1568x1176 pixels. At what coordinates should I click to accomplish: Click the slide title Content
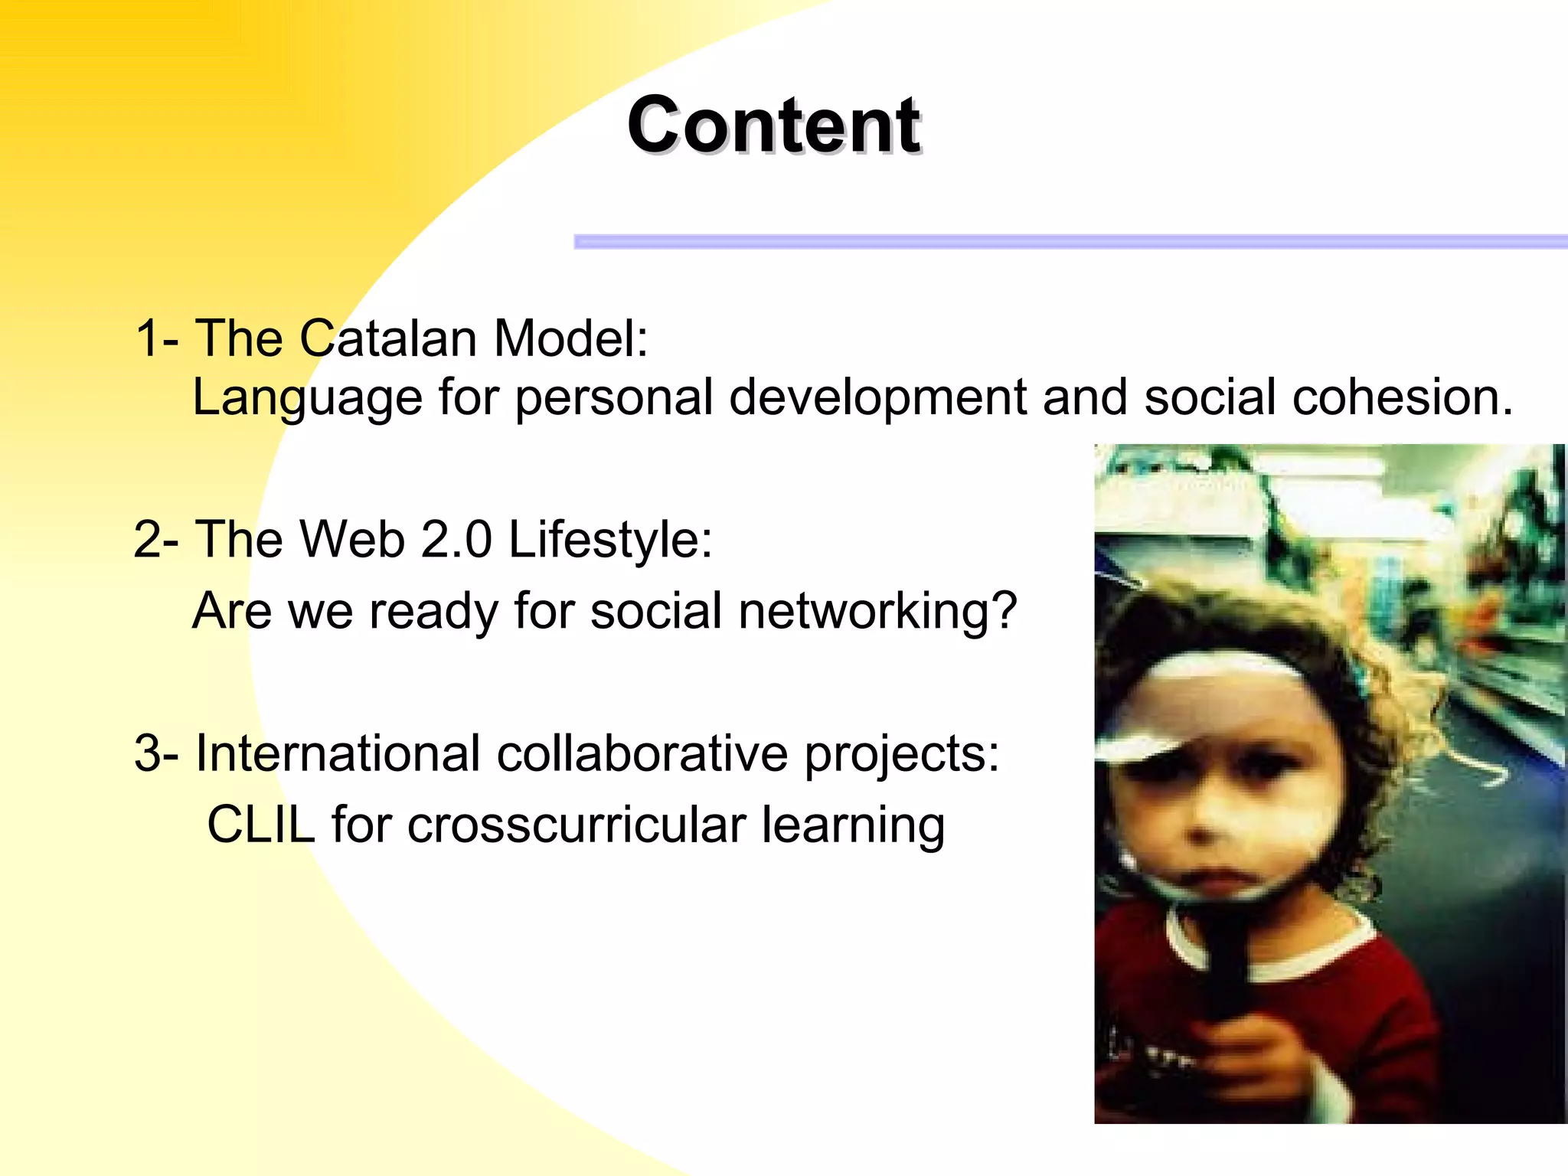773,126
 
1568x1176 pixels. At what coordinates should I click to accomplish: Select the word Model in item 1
570,338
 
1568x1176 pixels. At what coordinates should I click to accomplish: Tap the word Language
307,398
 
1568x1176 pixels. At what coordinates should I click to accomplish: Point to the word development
877,398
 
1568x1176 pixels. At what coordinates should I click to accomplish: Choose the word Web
352,539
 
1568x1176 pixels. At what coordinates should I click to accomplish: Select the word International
338,753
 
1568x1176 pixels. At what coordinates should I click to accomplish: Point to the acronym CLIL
261,825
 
